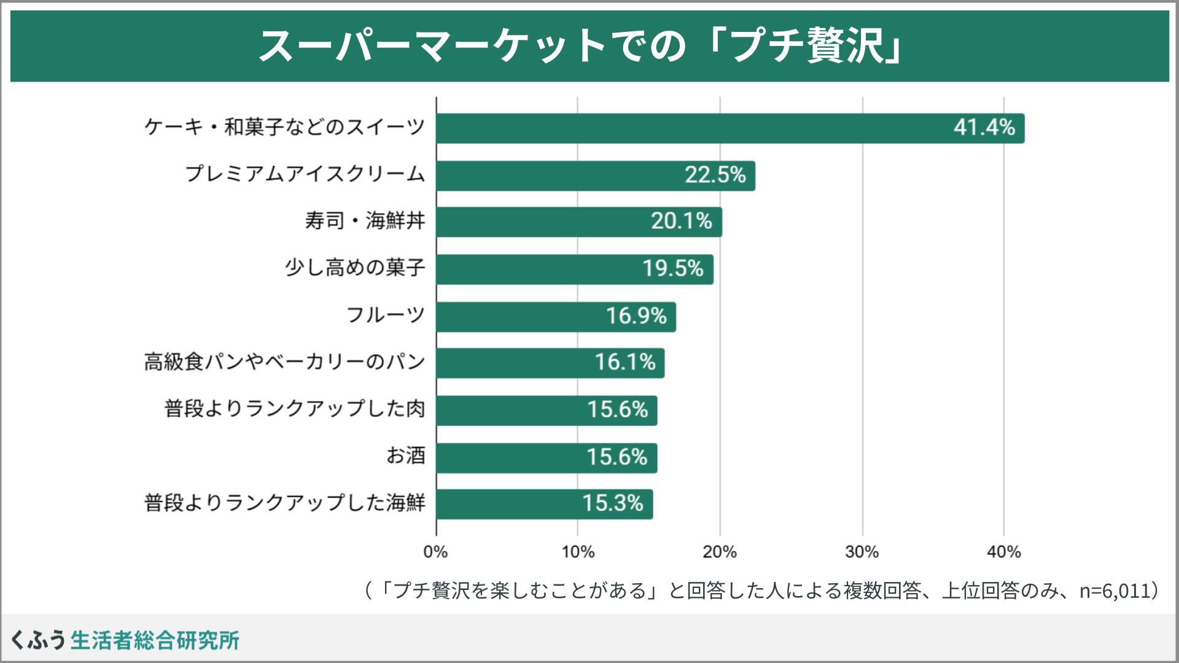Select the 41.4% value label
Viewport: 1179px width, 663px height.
coord(984,128)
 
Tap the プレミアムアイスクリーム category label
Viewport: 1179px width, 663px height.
coord(305,174)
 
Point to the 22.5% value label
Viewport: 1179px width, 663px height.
coord(715,176)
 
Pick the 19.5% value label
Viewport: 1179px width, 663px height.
coord(672,269)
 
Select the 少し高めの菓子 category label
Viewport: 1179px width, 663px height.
coord(355,268)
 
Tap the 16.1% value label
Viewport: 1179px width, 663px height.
coord(625,363)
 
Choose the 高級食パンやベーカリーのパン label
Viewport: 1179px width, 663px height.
coord(285,362)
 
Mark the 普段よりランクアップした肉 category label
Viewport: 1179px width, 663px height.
coord(295,409)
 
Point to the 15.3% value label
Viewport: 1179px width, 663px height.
coord(612,504)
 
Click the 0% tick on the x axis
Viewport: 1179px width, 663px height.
coord(435,552)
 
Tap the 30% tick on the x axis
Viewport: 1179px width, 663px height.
coord(862,552)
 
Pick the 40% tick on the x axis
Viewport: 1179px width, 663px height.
coord(1003,552)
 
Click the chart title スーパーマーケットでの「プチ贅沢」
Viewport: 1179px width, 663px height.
coord(580,46)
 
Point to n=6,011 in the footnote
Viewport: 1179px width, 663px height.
coord(1114,591)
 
